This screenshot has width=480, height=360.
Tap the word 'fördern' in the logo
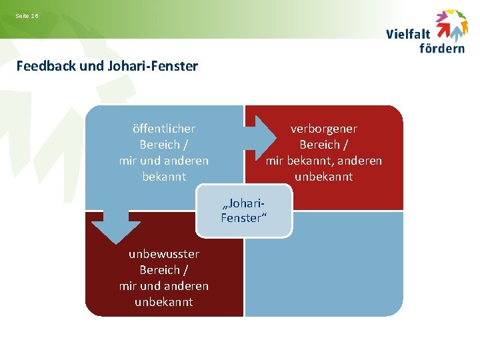pyautogui.click(x=442, y=47)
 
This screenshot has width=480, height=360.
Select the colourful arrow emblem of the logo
pyautogui.click(x=452, y=25)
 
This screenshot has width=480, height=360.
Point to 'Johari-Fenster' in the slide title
pyautogui.click(x=159, y=66)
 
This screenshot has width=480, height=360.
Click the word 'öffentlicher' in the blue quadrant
pyautogui.click(x=164, y=129)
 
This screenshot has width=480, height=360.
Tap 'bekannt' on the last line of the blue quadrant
pyautogui.click(x=164, y=177)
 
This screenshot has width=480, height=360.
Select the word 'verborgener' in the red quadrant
pyautogui.click(x=324, y=129)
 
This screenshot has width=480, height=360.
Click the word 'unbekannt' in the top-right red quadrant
pyautogui.click(x=324, y=177)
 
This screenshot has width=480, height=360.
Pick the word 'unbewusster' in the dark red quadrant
pyautogui.click(x=164, y=254)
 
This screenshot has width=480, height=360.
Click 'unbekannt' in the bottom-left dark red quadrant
pyautogui.click(x=164, y=302)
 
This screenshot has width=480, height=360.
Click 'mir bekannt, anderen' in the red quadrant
pyautogui.click(x=324, y=161)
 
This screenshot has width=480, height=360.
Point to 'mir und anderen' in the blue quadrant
pyautogui.click(x=164, y=161)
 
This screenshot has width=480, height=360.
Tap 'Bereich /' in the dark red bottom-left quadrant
pyautogui.click(x=164, y=270)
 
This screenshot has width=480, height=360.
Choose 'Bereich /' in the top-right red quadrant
pyautogui.click(x=324, y=145)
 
